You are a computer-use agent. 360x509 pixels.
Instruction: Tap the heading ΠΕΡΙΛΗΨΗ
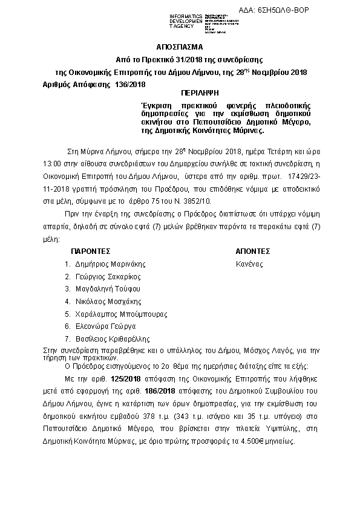[199, 94]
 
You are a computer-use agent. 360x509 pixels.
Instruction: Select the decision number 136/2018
[129, 84]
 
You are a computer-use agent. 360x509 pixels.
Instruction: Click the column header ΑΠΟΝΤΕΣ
[253, 251]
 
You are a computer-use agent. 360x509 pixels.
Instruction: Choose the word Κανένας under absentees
[249, 264]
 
